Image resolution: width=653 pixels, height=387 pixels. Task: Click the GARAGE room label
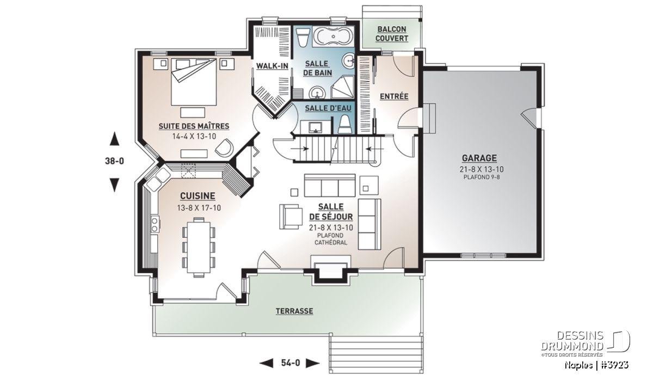click(479, 158)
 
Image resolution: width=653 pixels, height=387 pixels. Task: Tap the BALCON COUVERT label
click(391, 34)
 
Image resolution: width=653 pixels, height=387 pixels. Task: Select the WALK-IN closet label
click(272, 66)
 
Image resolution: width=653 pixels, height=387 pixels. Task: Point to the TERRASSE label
click(294, 311)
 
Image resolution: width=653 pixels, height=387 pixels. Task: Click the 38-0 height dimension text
click(114, 161)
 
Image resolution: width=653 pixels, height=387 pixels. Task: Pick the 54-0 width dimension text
click(291, 363)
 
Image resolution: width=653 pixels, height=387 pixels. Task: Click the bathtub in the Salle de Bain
click(334, 37)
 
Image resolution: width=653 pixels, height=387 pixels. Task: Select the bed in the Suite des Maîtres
click(194, 82)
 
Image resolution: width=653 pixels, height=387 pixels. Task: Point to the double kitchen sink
click(158, 179)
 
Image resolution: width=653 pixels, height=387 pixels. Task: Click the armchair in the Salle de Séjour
click(291, 217)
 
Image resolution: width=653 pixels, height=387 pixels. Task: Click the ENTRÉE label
click(394, 96)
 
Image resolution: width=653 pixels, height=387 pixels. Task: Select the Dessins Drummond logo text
click(572, 341)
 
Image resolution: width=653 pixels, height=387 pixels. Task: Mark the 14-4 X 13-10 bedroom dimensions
click(194, 136)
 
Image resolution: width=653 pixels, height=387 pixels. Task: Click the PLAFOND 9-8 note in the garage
click(482, 177)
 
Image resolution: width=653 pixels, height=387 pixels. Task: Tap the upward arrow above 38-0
click(114, 139)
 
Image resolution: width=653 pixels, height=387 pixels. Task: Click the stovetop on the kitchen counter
click(155, 224)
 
